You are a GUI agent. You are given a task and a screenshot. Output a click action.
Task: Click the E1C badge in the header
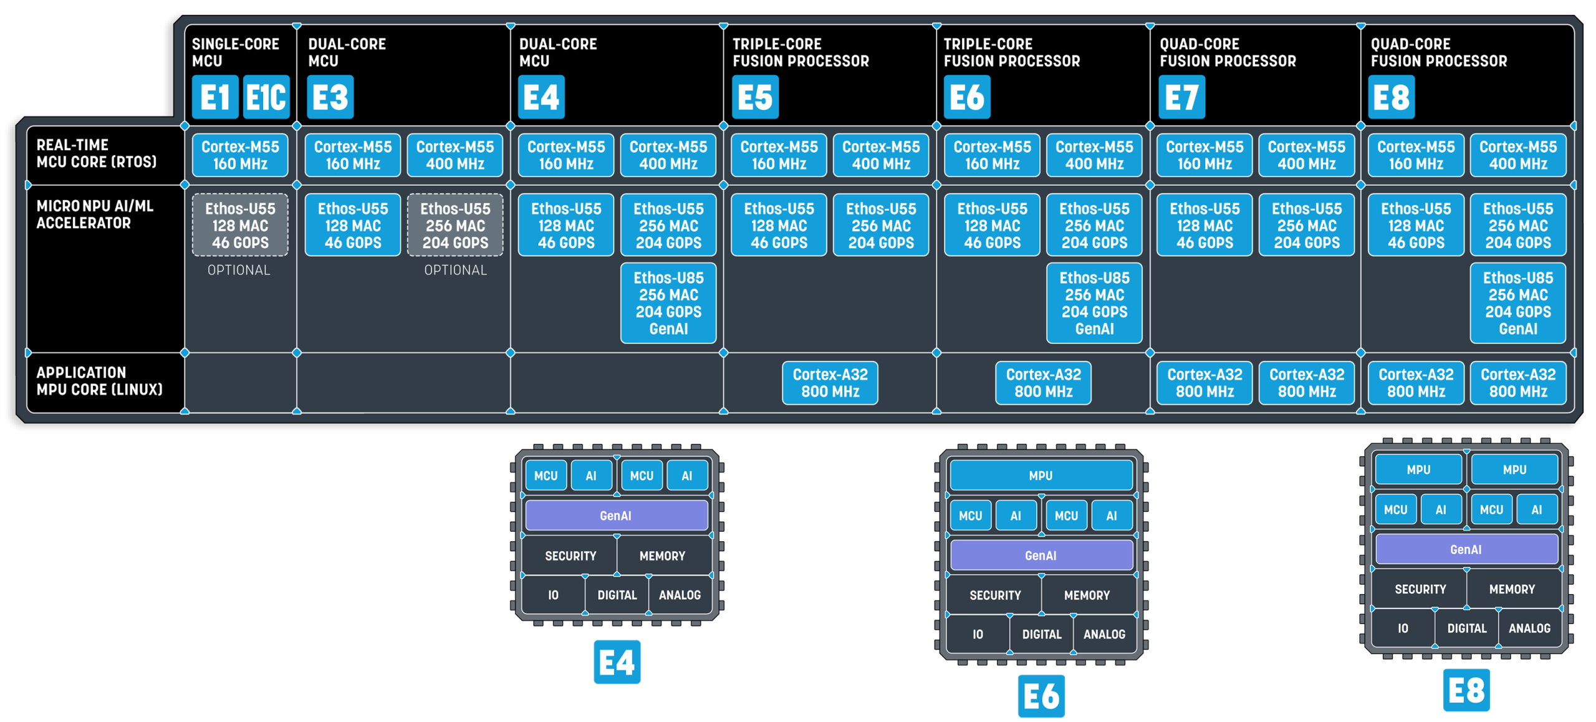click(266, 97)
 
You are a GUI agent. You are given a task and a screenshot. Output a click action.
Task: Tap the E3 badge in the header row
click(330, 97)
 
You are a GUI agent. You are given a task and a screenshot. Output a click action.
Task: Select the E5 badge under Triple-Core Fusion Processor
click(755, 97)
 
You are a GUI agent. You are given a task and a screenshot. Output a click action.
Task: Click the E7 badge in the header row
click(1181, 97)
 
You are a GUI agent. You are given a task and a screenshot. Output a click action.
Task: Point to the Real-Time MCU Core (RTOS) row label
click(97, 153)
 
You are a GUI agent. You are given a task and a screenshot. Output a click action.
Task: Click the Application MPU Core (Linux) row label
click(99, 381)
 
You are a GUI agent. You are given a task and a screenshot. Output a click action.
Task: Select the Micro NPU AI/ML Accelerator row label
click(95, 214)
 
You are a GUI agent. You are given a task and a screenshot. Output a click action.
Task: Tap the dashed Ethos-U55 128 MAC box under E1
click(240, 225)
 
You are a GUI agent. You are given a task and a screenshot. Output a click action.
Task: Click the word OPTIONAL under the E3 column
click(455, 270)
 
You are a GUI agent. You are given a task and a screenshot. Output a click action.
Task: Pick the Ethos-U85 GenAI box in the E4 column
click(668, 303)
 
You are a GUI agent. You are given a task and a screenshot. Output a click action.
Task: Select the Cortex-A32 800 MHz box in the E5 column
click(830, 383)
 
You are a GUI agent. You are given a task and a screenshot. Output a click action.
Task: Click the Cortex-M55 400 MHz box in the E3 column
click(455, 155)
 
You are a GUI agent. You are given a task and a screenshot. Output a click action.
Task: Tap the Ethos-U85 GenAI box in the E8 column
click(1517, 303)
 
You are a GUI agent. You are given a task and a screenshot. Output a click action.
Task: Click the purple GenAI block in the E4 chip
click(616, 516)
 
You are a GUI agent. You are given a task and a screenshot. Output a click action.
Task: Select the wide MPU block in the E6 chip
click(1041, 476)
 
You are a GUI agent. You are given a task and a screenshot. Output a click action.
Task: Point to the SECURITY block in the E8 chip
click(1420, 589)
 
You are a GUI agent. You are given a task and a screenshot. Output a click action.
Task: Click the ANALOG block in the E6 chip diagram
click(1104, 634)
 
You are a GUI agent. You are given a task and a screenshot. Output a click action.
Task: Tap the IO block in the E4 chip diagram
click(553, 595)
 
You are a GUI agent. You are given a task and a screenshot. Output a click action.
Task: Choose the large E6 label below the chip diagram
click(1041, 696)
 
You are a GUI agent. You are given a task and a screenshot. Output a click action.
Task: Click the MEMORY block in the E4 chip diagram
click(662, 556)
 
